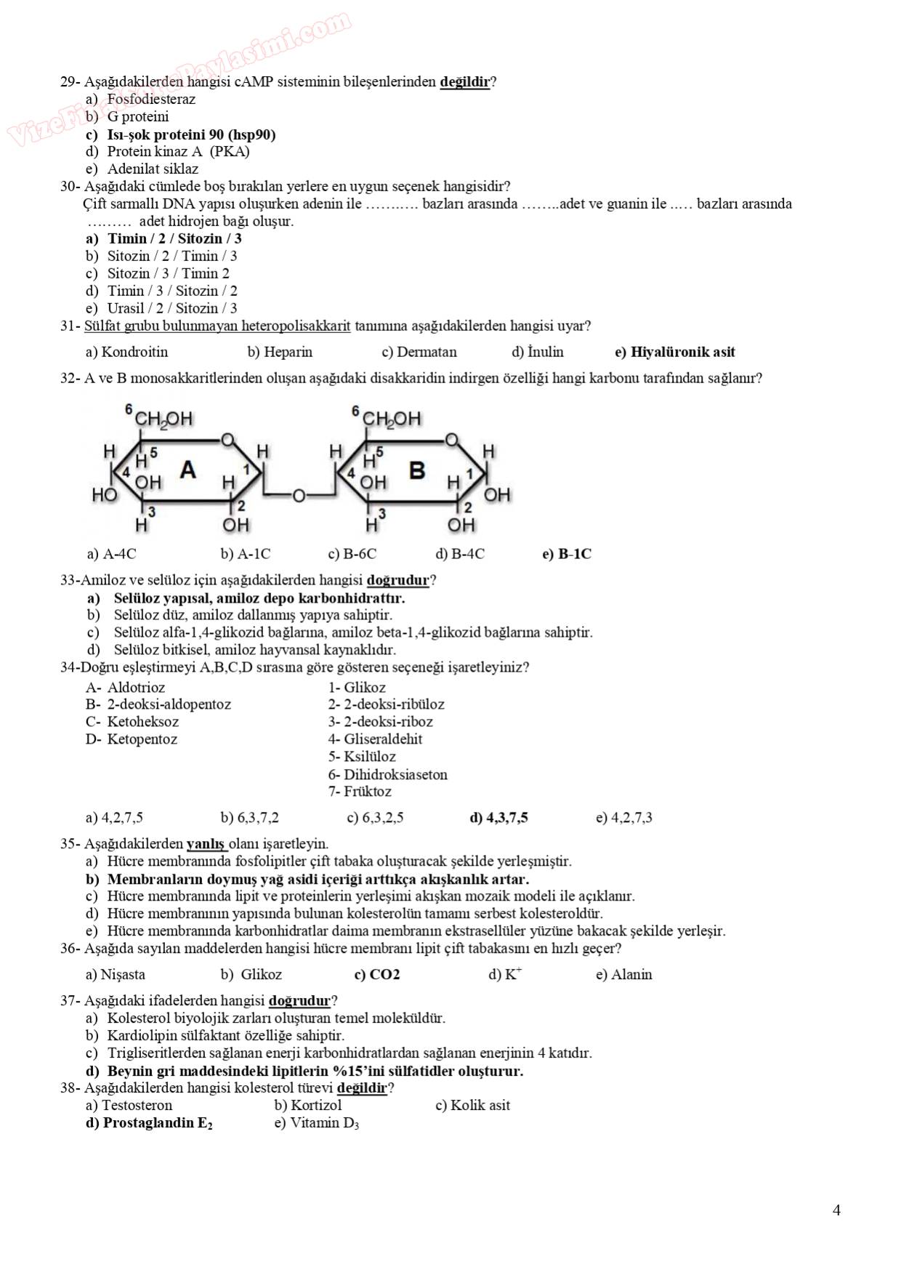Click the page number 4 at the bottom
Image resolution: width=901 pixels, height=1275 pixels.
tap(836, 1210)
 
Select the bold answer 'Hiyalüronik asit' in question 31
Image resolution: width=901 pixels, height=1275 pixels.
tap(675, 353)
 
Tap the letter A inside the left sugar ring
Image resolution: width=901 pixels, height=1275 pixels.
tap(187, 470)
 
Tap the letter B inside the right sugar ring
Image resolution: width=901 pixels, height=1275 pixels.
tap(416, 470)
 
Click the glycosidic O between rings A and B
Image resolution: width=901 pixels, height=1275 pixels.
tap(298, 496)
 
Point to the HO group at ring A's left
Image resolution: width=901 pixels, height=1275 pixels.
tap(104, 496)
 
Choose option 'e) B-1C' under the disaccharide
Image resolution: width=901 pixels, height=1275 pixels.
tap(567, 554)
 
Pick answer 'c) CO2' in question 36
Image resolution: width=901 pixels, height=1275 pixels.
tap(376, 975)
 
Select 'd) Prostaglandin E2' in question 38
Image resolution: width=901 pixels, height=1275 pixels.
tap(149, 1123)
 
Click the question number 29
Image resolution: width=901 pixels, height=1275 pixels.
tap(68, 81)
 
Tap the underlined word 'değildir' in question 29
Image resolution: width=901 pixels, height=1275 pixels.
tap(465, 81)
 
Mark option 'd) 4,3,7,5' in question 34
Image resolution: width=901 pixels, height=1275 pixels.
tap(498, 818)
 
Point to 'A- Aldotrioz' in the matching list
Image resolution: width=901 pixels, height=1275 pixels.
tap(125, 688)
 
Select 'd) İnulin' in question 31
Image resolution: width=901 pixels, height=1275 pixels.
tap(538, 353)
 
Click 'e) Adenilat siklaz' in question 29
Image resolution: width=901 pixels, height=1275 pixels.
tap(142, 169)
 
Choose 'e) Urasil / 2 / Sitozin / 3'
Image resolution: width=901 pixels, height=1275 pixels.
tap(161, 308)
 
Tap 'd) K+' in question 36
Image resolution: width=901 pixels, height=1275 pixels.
tap(505, 975)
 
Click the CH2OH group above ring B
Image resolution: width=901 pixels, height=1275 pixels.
tap(391, 419)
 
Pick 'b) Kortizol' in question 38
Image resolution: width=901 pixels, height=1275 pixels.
tap(307, 1106)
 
